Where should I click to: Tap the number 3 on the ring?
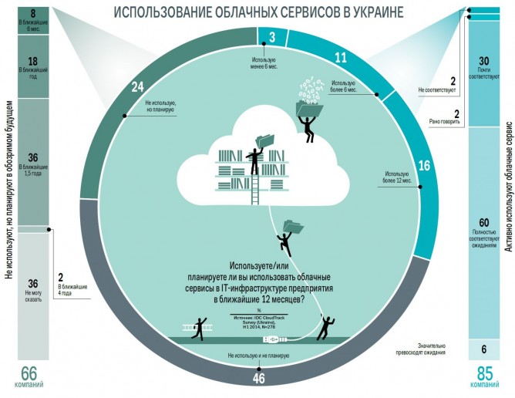click(x=272, y=35)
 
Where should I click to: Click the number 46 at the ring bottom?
click(x=258, y=378)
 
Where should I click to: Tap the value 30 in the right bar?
click(x=483, y=61)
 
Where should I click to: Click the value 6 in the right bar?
click(x=483, y=349)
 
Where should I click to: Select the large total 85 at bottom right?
click(x=483, y=374)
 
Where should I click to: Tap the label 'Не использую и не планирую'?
click(x=257, y=356)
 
